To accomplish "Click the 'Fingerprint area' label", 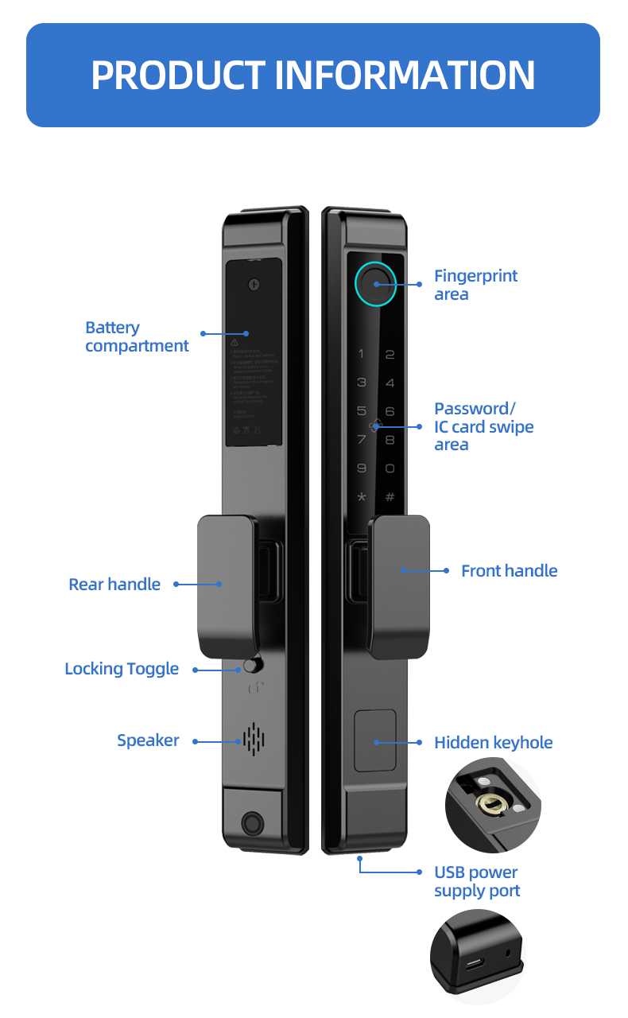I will [475, 285].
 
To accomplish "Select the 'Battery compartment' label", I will [137, 336].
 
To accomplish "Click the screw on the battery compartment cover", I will [254, 284].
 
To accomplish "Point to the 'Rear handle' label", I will [114, 585].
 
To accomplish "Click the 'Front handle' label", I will [509, 571].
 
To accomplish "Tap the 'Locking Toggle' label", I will [122, 669].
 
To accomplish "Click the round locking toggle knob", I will [253, 666].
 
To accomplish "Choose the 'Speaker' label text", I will [148, 740].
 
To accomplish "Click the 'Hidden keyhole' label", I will [493, 743].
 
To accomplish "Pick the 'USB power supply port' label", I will [476, 881].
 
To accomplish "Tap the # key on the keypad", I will [390, 498].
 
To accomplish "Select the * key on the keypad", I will [362, 498].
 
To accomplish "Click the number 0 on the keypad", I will [390, 469].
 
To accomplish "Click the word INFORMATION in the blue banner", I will [405, 75].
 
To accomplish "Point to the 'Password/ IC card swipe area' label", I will [483, 426].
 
